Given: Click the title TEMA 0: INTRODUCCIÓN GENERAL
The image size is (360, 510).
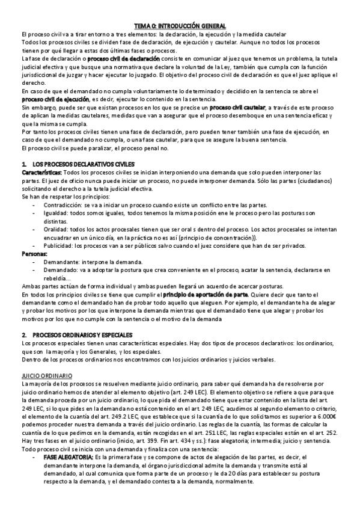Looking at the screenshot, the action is click(179, 26).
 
